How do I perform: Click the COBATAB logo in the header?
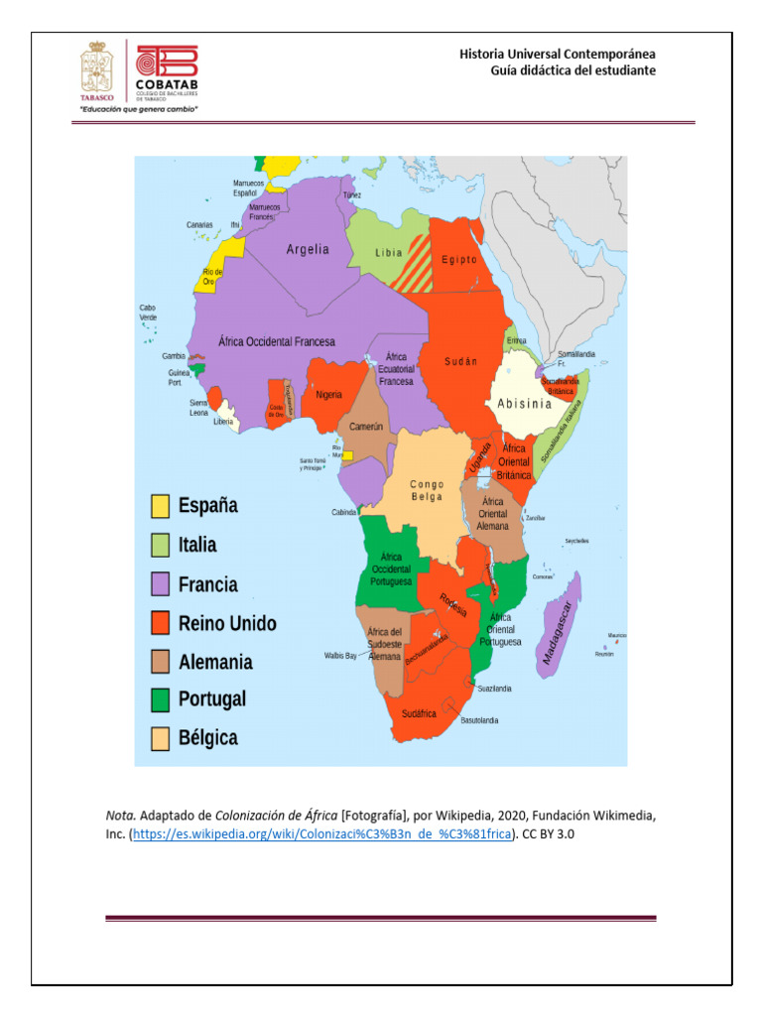pyautogui.click(x=167, y=70)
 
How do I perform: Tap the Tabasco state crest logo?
pyautogui.click(x=96, y=70)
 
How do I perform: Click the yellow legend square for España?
pyautogui.click(x=160, y=506)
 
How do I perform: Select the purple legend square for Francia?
pyautogui.click(x=160, y=584)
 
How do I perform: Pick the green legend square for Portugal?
pyautogui.click(x=160, y=699)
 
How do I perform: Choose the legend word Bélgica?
pyautogui.click(x=208, y=738)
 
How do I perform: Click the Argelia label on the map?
pyautogui.click(x=308, y=250)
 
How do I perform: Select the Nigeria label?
pyautogui.click(x=328, y=395)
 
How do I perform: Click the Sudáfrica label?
pyautogui.click(x=419, y=713)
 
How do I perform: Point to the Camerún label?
pyautogui.click(x=365, y=427)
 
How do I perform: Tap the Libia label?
pyautogui.click(x=389, y=253)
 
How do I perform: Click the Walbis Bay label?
pyautogui.click(x=339, y=656)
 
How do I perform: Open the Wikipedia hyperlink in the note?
pyautogui.click(x=321, y=834)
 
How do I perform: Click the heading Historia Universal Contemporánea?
pyautogui.click(x=557, y=54)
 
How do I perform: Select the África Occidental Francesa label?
pyautogui.click(x=277, y=341)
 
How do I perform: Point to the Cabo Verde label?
pyautogui.click(x=147, y=313)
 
